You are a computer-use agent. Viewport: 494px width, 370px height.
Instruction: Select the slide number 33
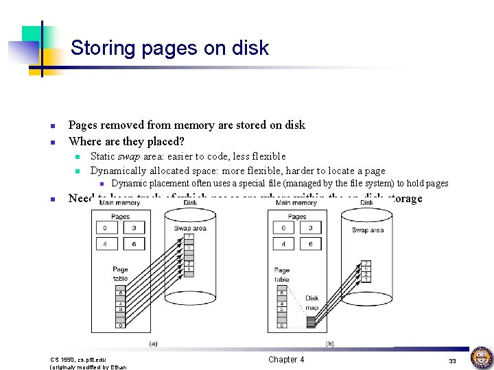[x=452, y=360]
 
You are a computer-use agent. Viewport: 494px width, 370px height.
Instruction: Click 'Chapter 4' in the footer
[x=286, y=360]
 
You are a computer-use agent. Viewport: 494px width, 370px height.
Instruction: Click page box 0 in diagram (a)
[x=105, y=227]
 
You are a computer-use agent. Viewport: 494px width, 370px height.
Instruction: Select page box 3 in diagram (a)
[x=134, y=227]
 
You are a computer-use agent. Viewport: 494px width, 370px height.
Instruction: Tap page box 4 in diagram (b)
[x=283, y=244]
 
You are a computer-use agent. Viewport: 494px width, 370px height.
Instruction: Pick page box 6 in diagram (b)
[x=311, y=244]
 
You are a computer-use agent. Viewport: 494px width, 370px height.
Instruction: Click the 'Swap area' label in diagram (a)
[x=190, y=228]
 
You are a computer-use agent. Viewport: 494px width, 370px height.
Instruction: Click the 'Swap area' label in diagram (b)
[x=368, y=230]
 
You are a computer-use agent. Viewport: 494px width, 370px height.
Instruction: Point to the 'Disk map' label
[x=312, y=302]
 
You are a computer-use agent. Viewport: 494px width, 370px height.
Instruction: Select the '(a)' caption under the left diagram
[x=152, y=343]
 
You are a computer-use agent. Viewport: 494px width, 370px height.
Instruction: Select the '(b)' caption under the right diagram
[x=330, y=343]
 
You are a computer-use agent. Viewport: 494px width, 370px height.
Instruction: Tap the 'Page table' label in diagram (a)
[x=120, y=274]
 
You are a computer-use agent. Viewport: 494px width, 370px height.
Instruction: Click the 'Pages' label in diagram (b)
[x=297, y=217]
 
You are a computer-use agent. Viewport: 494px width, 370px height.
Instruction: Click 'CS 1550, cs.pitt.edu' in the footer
[x=76, y=359]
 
